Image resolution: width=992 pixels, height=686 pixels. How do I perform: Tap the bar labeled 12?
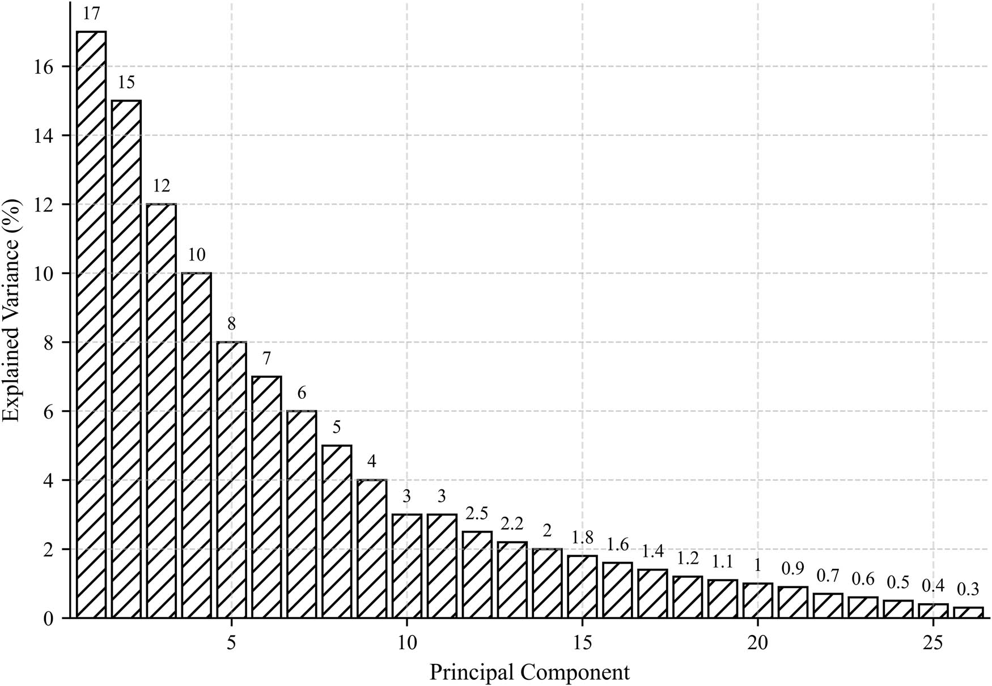click(162, 411)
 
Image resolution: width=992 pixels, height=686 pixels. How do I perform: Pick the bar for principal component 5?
click(231, 479)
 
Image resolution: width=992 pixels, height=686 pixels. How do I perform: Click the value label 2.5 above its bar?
click(477, 514)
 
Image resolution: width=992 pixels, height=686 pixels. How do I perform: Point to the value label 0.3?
click(968, 590)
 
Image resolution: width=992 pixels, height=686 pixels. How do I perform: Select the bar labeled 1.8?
click(582, 586)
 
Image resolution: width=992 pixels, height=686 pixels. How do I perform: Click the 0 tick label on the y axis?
click(48, 619)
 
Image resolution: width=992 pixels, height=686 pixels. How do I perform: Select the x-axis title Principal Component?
click(529, 673)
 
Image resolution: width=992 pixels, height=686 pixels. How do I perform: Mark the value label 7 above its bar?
click(266, 359)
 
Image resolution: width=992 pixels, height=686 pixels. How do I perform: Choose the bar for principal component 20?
click(757, 600)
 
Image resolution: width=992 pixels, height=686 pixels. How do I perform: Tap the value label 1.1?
click(722, 562)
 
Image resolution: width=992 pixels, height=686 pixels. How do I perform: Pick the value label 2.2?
click(512, 525)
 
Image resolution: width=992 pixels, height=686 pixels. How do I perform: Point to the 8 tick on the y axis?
click(48, 343)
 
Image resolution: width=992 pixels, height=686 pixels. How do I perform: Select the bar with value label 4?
click(372, 548)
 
